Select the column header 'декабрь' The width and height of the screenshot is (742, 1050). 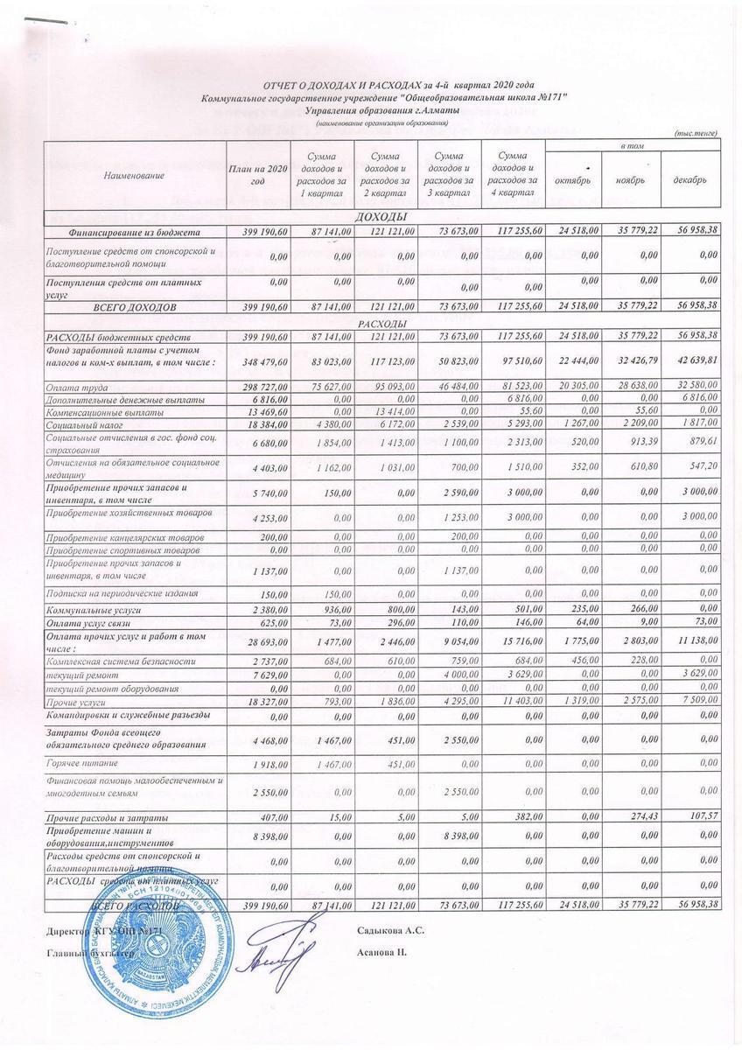click(x=691, y=179)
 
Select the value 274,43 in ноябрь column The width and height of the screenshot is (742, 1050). click(x=636, y=815)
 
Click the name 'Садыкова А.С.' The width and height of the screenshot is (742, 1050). click(x=391, y=929)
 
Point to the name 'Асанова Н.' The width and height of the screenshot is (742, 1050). click(x=382, y=951)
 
